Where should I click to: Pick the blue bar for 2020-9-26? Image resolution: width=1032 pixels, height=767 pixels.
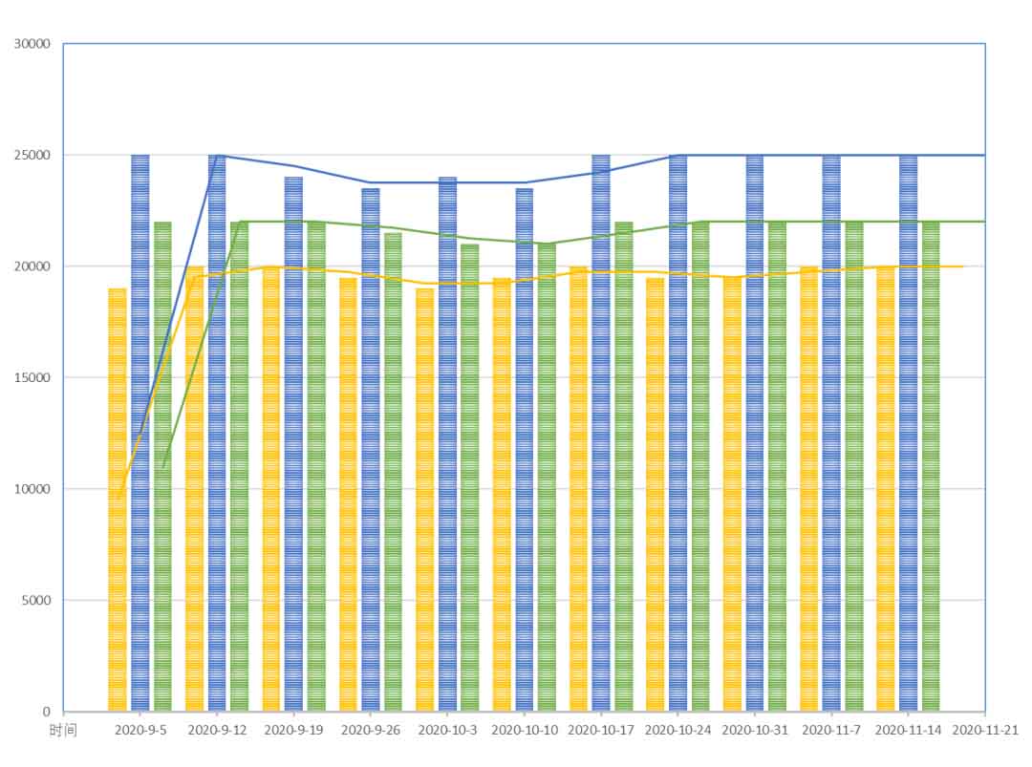point(370,449)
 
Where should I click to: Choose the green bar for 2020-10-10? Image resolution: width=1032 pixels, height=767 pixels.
point(547,478)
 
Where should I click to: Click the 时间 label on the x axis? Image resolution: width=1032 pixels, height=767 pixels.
point(63,730)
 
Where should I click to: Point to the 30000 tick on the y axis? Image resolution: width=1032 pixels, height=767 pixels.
point(35,44)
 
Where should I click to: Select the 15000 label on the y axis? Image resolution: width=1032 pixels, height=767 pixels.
point(35,378)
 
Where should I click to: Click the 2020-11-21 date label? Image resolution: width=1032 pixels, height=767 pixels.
point(985,730)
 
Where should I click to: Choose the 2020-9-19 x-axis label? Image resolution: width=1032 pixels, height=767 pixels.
point(293,730)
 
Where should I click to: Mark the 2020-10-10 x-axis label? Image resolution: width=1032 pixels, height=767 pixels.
point(525,730)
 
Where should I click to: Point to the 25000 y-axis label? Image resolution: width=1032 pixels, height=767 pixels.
point(35,156)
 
